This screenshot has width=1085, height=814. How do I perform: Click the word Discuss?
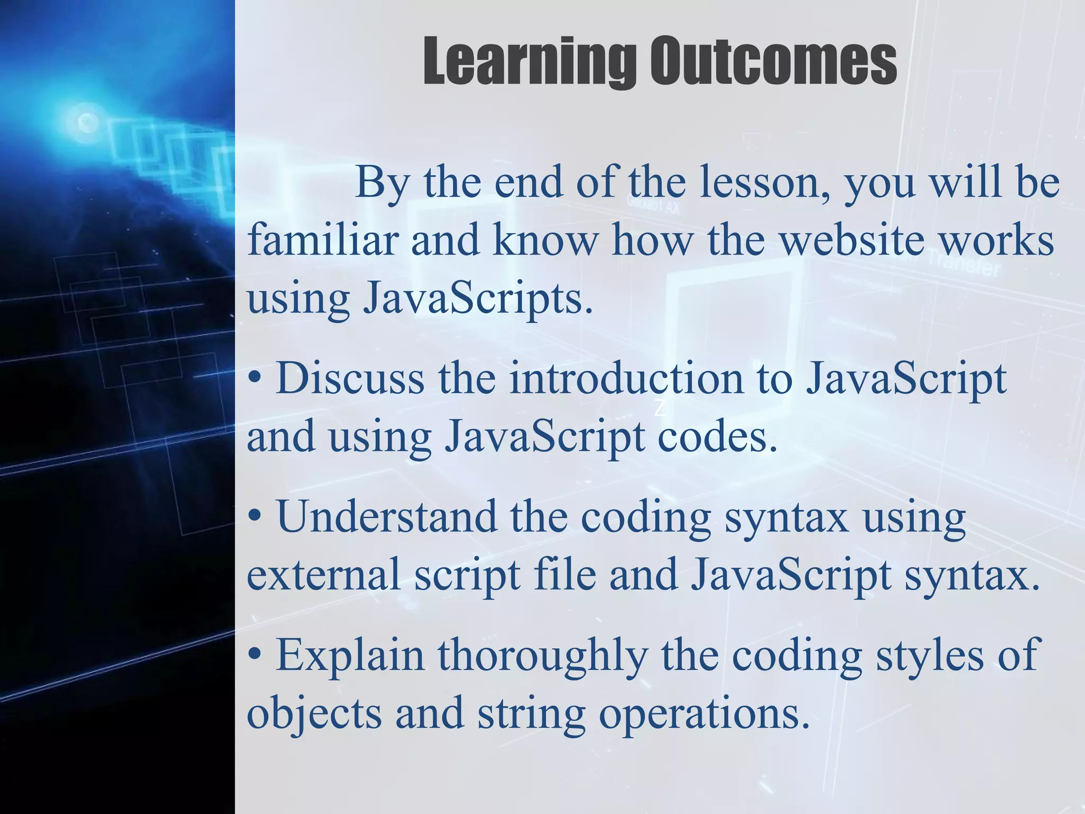350,379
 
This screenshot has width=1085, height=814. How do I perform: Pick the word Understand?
387,517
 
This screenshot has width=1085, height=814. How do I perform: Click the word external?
324,576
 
